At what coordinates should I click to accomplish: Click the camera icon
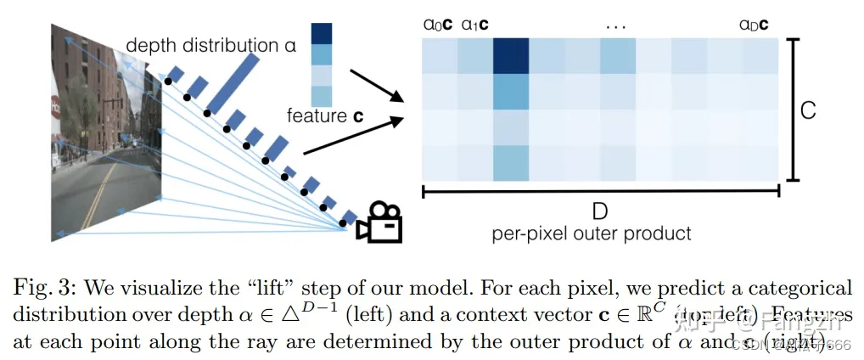point(379,222)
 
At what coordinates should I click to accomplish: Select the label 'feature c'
point(325,115)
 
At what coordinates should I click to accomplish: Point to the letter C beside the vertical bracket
point(808,110)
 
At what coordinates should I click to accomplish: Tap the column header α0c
point(438,25)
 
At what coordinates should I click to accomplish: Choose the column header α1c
point(474,25)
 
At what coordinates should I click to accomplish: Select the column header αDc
point(754,25)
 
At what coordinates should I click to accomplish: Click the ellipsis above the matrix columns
point(615,25)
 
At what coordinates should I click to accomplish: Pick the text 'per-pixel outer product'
point(592,233)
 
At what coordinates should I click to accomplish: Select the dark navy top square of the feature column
point(323,33)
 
